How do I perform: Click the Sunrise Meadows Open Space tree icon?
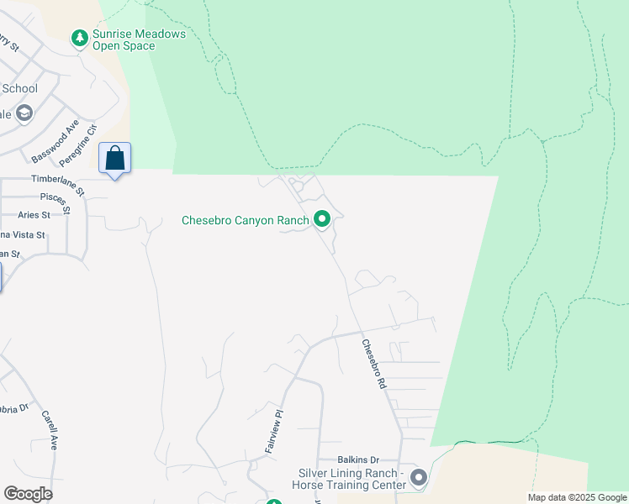point(80,38)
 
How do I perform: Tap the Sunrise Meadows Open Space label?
point(140,40)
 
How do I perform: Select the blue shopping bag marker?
point(114,159)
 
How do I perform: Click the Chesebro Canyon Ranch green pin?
point(321,220)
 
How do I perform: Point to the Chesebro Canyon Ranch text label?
point(246,221)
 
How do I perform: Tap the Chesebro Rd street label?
point(373,363)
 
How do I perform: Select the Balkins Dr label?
point(359,459)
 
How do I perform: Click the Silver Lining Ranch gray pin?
point(418,479)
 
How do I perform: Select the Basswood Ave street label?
point(55,144)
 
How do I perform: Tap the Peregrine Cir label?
point(79,144)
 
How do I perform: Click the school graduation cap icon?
point(24,113)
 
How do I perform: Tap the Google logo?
point(28,493)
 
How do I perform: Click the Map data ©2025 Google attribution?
point(577,497)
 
